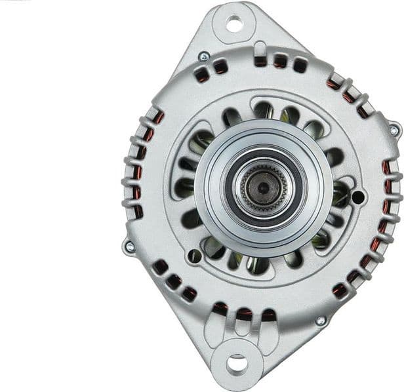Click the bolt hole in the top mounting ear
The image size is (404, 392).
pos(234,24)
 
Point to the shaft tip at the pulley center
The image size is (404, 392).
pos(263,188)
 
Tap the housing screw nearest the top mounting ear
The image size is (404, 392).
pos(204,57)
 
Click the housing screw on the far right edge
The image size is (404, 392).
pos(394,129)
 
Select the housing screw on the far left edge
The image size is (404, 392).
pos(129,246)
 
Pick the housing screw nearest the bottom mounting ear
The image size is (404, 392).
pos(320,321)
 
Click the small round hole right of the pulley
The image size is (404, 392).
pos(357,196)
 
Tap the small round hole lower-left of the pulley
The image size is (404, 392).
pos(194,256)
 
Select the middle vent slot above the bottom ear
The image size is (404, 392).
pos(244,314)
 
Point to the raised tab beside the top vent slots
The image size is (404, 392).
pos(259,49)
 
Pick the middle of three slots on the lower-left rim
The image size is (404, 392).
pos(174,281)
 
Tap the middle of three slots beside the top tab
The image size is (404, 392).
pos(280,61)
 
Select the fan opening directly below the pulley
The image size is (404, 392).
pos(257,264)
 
